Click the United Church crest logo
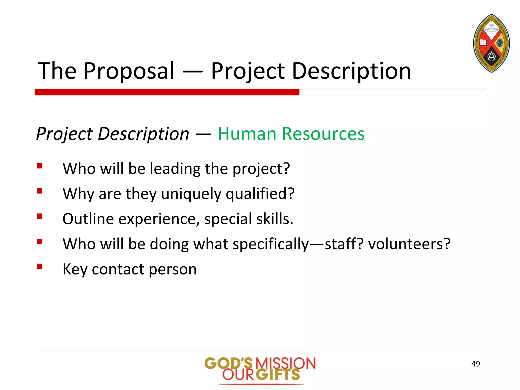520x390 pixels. click(x=491, y=43)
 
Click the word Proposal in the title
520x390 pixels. click(x=129, y=71)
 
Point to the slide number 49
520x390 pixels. click(x=475, y=364)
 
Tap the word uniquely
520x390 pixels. click(x=191, y=194)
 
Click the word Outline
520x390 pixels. click(x=88, y=219)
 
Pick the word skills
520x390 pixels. click(x=274, y=219)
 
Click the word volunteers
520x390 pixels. click(x=409, y=244)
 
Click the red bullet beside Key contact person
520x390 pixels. click(x=39, y=266)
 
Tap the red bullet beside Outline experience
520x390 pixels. click(x=39, y=216)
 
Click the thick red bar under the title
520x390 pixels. click(x=167, y=92)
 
